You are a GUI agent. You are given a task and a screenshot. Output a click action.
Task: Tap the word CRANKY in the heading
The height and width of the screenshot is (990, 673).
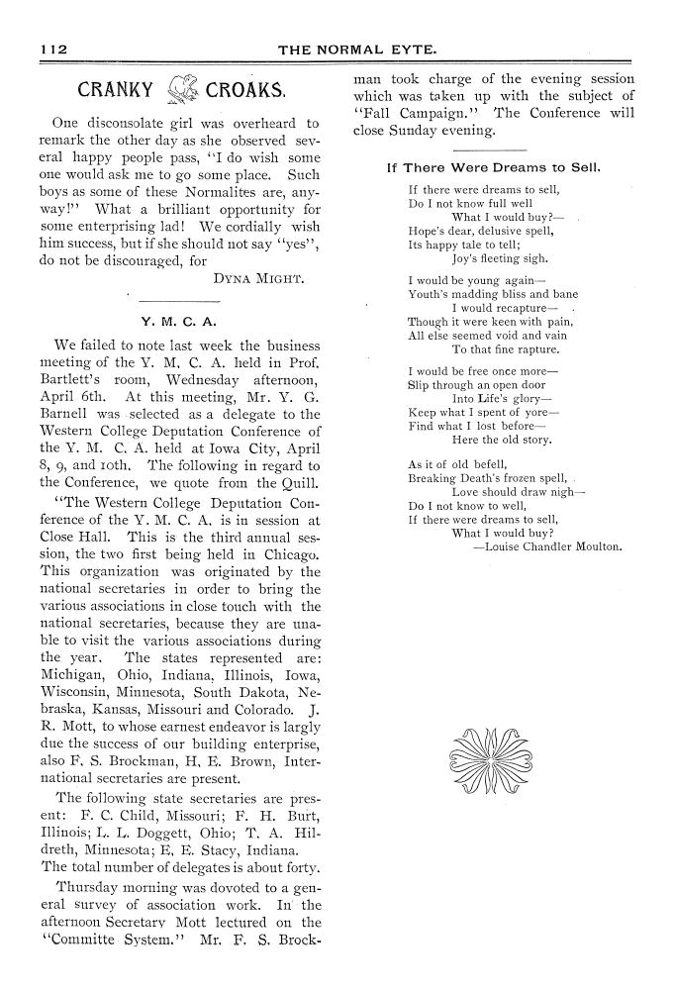pyautogui.click(x=115, y=93)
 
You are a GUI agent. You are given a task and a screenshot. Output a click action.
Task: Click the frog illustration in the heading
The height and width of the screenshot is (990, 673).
pyautogui.click(x=180, y=92)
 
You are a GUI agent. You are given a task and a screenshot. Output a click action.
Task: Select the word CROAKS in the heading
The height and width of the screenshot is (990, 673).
pyautogui.click(x=246, y=93)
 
